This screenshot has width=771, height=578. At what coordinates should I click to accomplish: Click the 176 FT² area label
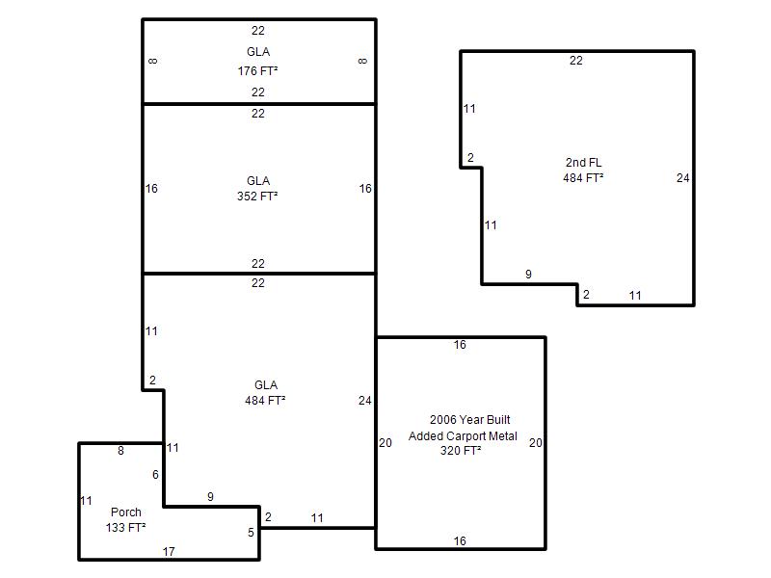click(x=257, y=70)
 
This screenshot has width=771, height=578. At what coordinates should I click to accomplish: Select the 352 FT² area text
click(x=257, y=197)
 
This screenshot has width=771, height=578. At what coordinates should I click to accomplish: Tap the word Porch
click(x=126, y=512)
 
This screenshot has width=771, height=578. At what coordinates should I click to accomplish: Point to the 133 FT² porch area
click(x=125, y=527)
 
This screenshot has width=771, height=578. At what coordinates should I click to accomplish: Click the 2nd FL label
click(x=584, y=162)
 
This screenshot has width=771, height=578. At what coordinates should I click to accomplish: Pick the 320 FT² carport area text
click(x=461, y=450)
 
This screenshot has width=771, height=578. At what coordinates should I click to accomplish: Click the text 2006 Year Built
click(x=470, y=420)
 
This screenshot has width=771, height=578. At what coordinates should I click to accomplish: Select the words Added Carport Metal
click(x=463, y=436)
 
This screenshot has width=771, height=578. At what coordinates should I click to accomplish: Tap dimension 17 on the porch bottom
click(x=169, y=551)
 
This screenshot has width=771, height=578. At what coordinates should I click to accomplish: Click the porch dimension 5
click(x=251, y=533)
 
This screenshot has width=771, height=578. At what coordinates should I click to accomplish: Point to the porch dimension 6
click(x=155, y=474)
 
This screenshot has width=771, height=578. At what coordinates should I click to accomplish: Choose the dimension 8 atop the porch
click(x=120, y=450)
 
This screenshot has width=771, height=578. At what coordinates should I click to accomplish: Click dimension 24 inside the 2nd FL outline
click(x=683, y=178)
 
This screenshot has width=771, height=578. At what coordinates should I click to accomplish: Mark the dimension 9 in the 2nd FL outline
click(x=528, y=275)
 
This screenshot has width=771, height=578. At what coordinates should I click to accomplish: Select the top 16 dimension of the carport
click(x=460, y=345)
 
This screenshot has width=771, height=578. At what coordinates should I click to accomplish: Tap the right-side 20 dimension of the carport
click(x=536, y=443)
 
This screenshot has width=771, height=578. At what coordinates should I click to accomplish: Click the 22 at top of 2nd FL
click(x=575, y=61)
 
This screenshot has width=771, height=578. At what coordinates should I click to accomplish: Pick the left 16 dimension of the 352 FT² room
click(x=151, y=188)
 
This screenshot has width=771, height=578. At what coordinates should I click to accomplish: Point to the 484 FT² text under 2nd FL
click(x=583, y=178)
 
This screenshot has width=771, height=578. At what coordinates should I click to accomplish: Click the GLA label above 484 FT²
click(x=266, y=384)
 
